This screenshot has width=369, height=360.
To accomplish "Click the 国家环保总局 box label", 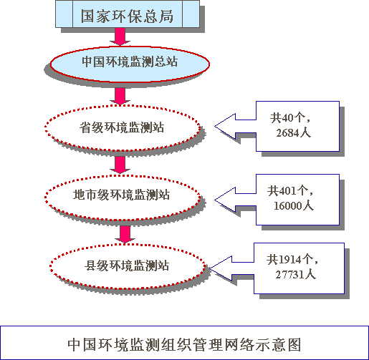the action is point(127,16).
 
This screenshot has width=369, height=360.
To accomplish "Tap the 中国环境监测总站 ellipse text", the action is point(130,62).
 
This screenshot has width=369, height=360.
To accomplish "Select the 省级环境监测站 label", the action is point(122,127).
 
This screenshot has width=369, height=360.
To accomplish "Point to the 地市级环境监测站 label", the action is point(121,195).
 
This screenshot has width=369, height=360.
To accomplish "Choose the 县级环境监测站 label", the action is point(127,266).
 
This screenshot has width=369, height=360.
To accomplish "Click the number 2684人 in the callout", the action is point(293,133).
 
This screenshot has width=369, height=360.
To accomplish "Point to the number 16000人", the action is point(293,205).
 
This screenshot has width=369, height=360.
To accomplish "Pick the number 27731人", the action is point(296,274).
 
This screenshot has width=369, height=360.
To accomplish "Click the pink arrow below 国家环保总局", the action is point(120,37).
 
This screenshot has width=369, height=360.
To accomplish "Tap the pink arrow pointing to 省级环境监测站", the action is point(120,97).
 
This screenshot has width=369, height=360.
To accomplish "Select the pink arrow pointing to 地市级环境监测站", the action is point(120,165).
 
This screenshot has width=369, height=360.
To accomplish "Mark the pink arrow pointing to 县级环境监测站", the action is point(125,234).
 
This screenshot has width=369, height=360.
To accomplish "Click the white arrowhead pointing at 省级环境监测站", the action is point(225,127).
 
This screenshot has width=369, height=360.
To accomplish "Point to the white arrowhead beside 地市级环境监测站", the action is point(225,200).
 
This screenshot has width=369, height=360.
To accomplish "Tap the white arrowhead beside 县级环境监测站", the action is point(220,268).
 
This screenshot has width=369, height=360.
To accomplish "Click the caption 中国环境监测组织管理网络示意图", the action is point(184,344).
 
